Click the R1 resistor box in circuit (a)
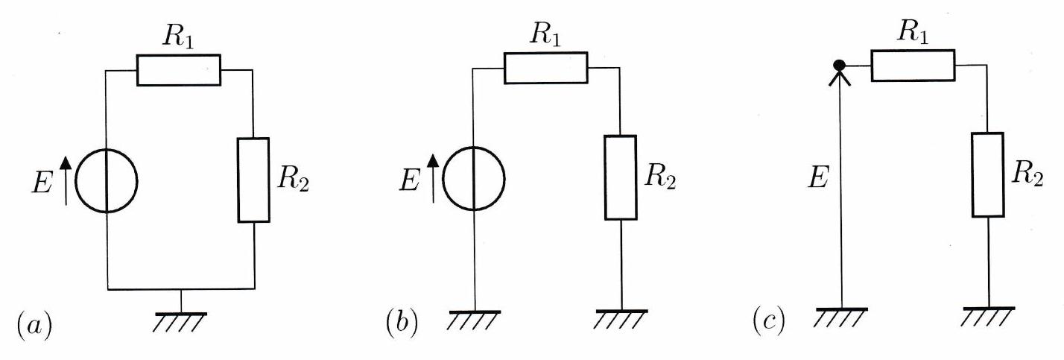click(179, 70)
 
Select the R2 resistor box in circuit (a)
click(253, 180)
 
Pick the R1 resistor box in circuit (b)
click(546, 68)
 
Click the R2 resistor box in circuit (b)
click(620, 177)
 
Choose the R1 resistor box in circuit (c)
click(913, 66)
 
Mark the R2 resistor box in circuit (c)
click(988, 174)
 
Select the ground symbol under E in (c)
click(840, 315)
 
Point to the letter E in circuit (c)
click(817, 180)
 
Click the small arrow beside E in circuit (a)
click(66, 180)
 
